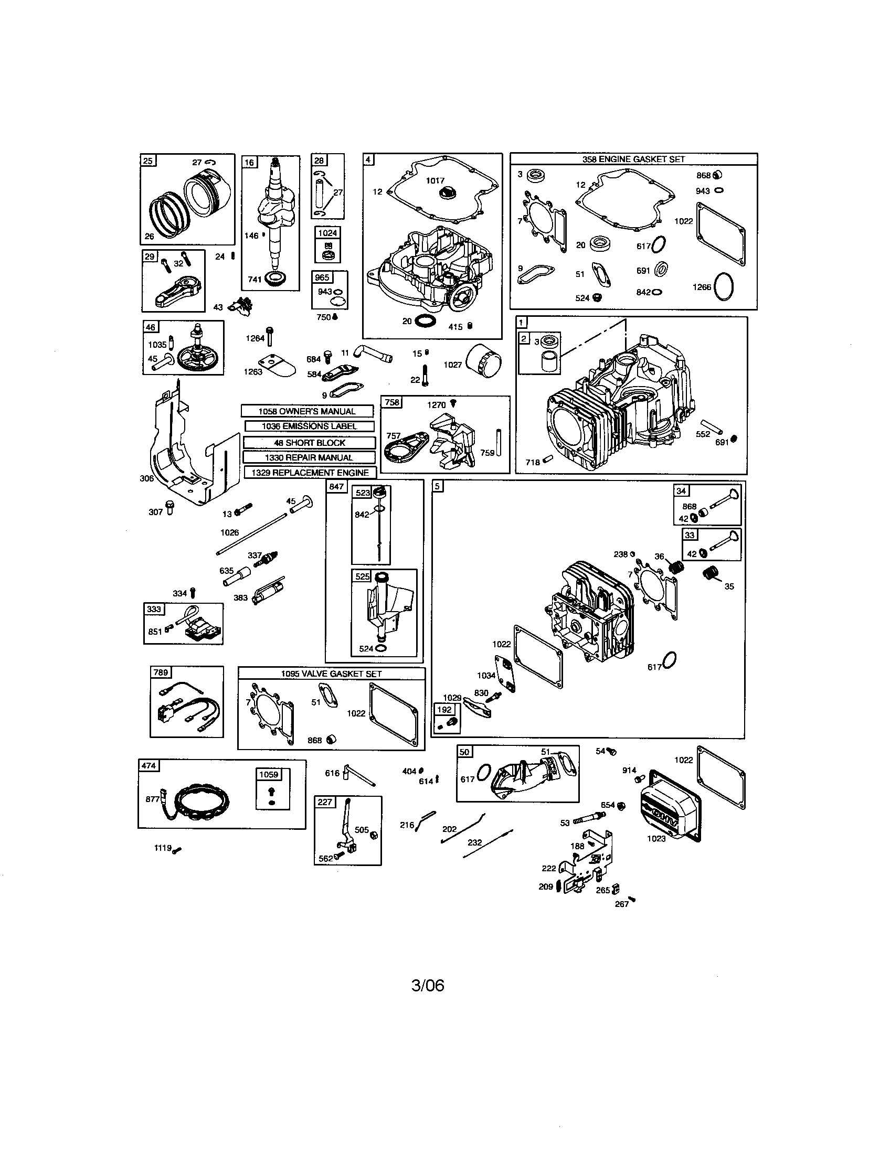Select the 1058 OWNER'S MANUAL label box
point(307,411)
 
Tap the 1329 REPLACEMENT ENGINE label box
point(310,473)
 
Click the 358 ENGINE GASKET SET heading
point(633,159)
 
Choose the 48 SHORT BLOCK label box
point(310,443)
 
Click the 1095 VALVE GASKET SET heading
point(331,674)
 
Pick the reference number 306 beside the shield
point(146,478)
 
